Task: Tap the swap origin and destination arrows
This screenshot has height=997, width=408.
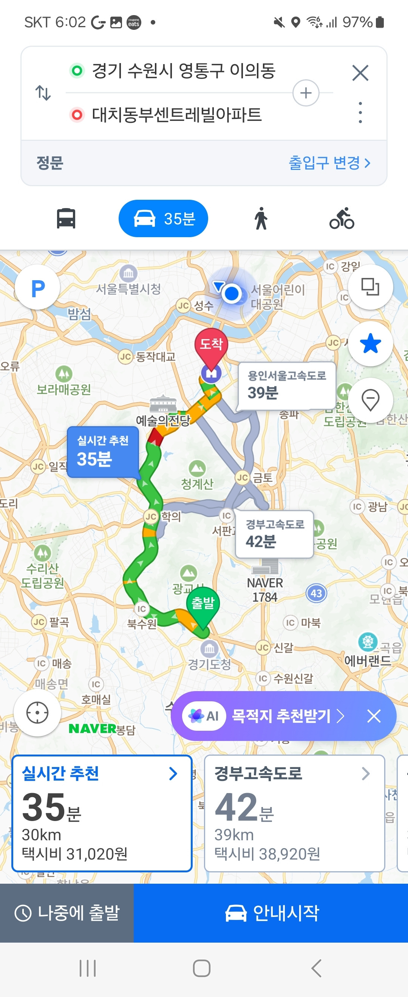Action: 43,93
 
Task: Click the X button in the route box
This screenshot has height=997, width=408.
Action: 360,73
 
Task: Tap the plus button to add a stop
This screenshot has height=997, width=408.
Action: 306,93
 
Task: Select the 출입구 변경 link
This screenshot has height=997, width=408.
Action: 329,163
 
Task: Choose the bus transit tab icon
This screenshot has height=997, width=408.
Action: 66,219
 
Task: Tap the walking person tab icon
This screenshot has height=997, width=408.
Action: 261,219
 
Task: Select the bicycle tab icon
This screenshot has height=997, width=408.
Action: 342,219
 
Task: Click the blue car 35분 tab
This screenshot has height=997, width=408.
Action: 163,219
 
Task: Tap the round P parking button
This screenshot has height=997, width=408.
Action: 37,287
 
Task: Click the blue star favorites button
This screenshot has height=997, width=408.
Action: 370,344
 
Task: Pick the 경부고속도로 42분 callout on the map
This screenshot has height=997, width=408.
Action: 274,534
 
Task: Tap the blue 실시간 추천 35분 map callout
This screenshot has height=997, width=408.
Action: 103,452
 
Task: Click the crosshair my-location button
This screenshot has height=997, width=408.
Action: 37,713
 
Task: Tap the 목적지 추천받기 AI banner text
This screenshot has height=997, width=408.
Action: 281,716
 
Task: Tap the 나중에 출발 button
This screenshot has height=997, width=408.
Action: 67,913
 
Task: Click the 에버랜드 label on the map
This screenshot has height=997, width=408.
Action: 368,661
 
